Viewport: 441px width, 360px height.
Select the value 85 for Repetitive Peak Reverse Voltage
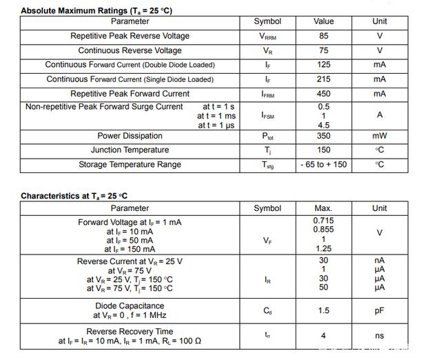tap(323, 36)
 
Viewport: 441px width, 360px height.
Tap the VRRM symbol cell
tap(267, 37)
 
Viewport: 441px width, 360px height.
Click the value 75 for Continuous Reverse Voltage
tap(323, 50)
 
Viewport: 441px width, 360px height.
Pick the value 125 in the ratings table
tap(323, 65)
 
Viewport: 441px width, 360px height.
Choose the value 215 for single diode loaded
tap(323, 79)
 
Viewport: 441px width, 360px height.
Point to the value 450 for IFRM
tap(323, 94)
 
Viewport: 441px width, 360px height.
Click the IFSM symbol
tap(267, 116)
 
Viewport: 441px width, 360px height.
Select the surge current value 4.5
tap(323, 126)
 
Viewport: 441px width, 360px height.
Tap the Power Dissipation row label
tap(130, 136)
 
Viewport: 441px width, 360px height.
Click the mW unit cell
tap(380, 136)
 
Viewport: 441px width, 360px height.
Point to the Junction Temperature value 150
tap(323, 150)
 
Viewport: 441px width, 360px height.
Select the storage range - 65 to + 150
tap(323, 165)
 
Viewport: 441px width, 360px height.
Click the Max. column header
tap(323, 208)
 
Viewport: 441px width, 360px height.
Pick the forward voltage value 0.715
tap(323, 221)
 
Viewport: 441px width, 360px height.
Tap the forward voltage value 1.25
tap(323, 249)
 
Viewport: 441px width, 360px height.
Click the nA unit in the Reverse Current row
tap(380, 261)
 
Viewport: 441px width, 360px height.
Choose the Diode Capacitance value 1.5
tap(323, 311)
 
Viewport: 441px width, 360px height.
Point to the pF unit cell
tap(380, 311)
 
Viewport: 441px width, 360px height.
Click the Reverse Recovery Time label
tap(130, 332)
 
